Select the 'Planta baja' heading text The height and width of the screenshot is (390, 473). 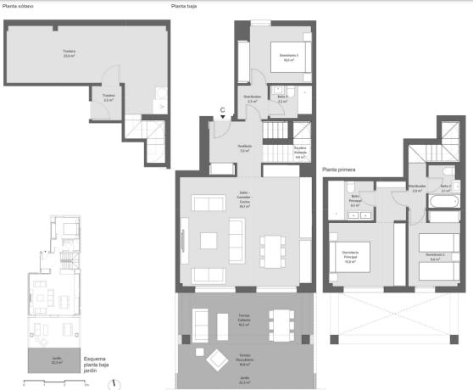[x=184, y=6]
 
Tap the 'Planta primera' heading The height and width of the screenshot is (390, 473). [x=338, y=170]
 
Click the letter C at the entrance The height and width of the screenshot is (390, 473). [x=222, y=110]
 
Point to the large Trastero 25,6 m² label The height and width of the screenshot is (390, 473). [x=69, y=53]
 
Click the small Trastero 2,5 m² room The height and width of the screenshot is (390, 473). [x=109, y=97]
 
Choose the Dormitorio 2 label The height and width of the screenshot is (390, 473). [x=435, y=256]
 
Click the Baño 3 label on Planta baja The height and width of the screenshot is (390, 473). [x=281, y=99]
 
